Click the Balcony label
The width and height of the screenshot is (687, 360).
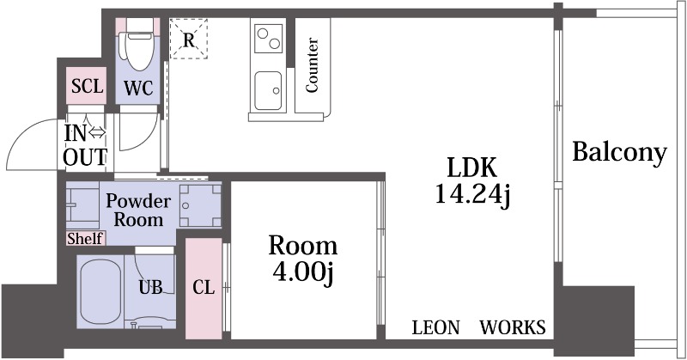(x=619, y=153)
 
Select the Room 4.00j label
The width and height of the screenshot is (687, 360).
(x=303, y=259)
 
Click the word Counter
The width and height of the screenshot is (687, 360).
(x=312, y=65)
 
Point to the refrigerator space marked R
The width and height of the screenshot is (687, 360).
(x=188, y=39)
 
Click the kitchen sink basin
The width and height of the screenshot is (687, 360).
(x=268, y=91)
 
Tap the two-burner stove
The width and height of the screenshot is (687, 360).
(x=268, y=38)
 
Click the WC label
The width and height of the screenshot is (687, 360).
(x=138, y=89)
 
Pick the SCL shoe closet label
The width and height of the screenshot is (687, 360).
(x=87, y=86)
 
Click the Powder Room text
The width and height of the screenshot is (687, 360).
(x=138, y=210)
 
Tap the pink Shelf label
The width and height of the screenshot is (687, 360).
(x=85, y=239)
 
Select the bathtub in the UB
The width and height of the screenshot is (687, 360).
(x=100, y=290)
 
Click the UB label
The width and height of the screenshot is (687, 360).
(x=151, y=288)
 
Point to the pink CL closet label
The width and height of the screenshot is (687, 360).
(x=204, y=288)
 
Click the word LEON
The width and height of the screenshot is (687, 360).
(x=436, y=328)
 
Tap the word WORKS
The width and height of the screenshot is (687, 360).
(x=513, y=328)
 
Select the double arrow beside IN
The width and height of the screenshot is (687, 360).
(x=96, y=133)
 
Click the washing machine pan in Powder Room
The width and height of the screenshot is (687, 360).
(x=200, y=205)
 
